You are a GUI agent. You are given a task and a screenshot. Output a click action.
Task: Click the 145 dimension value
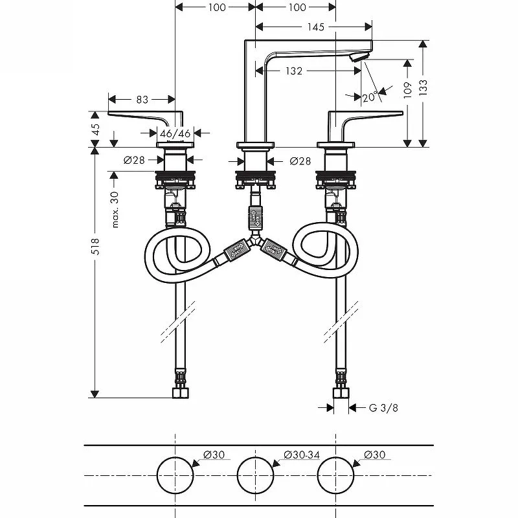point(316,27)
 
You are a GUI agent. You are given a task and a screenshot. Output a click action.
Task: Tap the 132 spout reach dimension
point(294,71)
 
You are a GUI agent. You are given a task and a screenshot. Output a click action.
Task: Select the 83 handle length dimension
point(142,99)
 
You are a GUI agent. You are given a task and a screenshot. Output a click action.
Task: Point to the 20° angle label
point(369,97)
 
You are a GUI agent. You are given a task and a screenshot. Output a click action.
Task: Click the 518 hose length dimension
point(95,246)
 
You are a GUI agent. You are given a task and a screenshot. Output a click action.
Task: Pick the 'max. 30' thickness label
point(115,209)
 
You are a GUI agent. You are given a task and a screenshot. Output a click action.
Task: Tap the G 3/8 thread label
point(383,408)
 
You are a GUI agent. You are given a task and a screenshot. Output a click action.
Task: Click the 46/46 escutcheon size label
point(175,133)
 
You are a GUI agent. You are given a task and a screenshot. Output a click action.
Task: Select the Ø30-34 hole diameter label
point(302,455)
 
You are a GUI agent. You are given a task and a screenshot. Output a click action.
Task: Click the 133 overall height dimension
point(423,87)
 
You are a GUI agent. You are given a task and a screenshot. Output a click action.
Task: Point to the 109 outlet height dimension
point(408,90)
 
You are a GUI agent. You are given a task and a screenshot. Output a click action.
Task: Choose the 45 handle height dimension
point(95,129)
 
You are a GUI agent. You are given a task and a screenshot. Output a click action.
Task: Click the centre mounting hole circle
point(255,457)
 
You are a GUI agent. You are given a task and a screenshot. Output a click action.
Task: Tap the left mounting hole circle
point(175,457)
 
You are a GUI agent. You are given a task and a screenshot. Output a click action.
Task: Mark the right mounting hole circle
point(335,457)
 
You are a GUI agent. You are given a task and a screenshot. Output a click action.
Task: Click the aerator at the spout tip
point(359,58)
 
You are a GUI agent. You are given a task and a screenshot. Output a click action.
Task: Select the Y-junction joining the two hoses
point(254,240)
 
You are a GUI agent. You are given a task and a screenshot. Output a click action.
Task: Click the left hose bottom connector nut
point(181,393)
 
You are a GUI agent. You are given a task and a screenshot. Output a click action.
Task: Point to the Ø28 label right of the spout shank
point(300,161)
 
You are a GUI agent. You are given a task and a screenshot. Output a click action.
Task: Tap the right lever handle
point(365,123)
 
